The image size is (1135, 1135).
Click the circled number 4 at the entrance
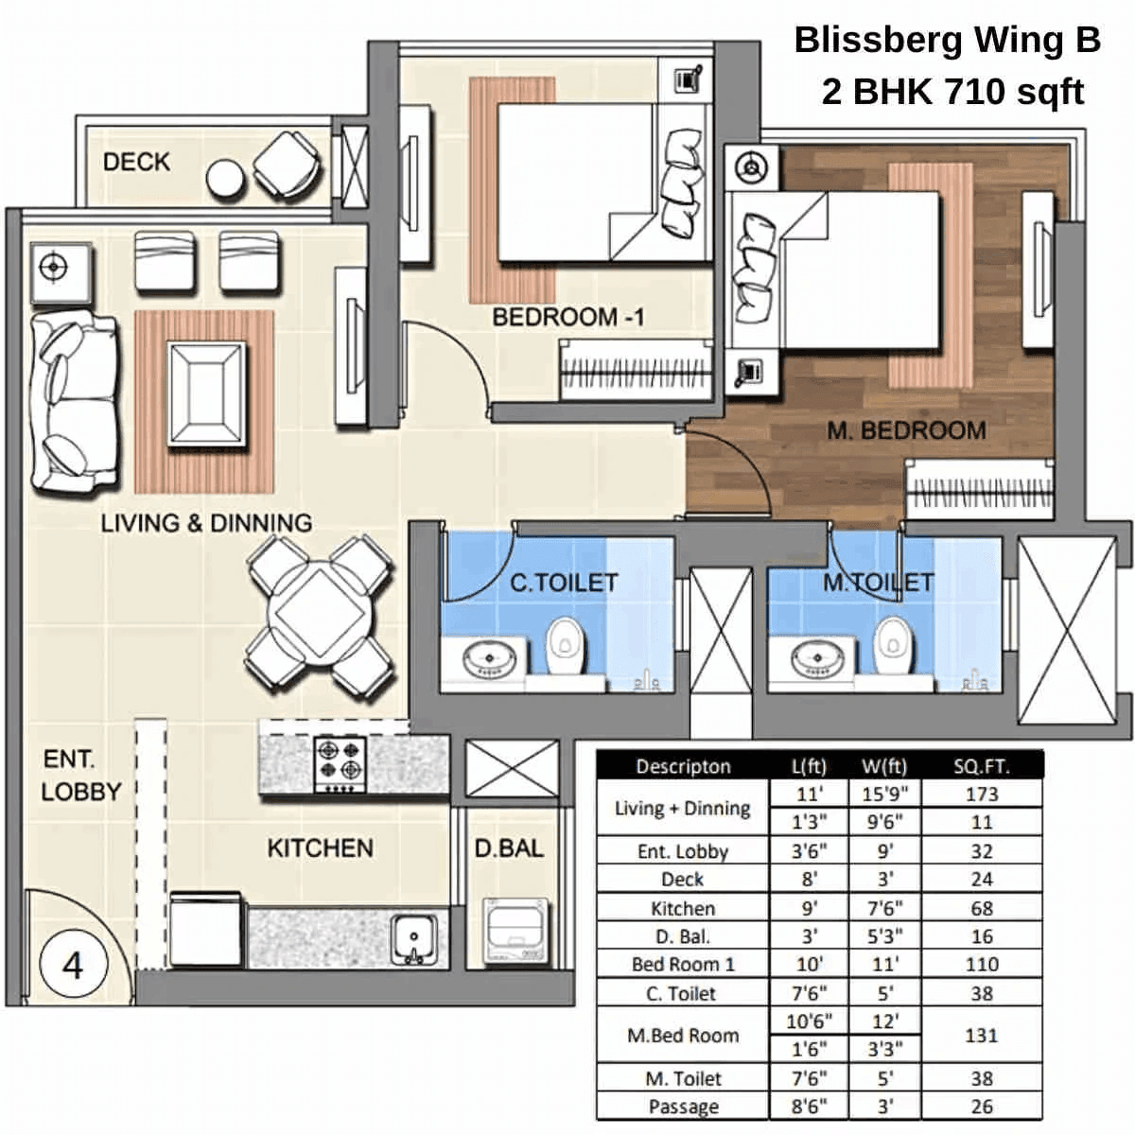[73, 965]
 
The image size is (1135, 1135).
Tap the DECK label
[136, 162]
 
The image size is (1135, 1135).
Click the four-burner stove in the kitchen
[340, 763]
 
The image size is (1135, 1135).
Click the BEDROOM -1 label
[567, 317]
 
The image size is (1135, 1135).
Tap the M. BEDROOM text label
[906, 430]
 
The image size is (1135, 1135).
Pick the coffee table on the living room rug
[206, 393]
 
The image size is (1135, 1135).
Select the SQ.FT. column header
[982, 766]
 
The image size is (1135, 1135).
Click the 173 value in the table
[982, 794]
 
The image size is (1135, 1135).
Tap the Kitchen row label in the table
[682, 909]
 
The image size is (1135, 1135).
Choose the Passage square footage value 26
[982, 1107]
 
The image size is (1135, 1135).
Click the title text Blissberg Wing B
[947, 41]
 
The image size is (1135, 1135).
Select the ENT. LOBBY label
[81, 776]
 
